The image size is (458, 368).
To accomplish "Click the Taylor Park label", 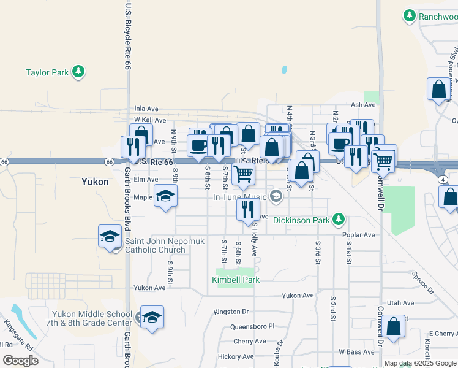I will click(x=47, y=72).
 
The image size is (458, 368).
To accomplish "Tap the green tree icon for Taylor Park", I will click(x=78, y=72).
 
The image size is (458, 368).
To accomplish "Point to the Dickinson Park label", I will click(x=301, y=220).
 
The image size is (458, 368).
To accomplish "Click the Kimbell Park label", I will click(x=236, y=280).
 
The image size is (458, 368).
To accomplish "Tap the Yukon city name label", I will click(x=95, y=182).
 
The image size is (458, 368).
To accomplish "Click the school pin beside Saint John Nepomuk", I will click(x=110, y=236).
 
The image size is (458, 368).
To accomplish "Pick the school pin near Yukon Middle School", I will click(x=152, y=317).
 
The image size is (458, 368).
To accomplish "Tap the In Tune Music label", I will click(x=240, y=197).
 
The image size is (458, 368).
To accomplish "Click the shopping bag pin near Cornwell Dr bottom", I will click(x=395, y=326).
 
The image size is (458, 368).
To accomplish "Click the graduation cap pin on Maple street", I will click(x=165, y=196).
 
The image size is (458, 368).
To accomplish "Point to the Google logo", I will click(x=20, y=361).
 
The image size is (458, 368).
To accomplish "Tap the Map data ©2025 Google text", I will click(x=419, y=363).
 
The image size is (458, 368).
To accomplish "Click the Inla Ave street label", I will click(x=147, y=109).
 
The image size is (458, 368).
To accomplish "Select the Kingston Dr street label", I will click(x=231, y=312).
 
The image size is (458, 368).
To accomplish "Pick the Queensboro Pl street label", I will click(x=252, y=327).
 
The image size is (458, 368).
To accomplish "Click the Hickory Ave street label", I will click(x=235, y=356).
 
